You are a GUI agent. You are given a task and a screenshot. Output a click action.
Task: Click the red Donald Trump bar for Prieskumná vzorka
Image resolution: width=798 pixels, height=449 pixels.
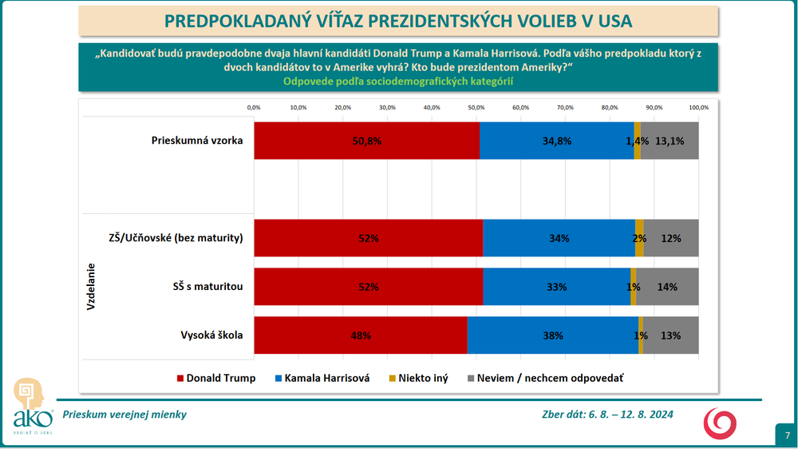point(367,141)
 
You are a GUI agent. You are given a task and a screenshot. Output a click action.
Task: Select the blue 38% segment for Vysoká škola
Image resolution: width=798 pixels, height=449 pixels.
point(552,336)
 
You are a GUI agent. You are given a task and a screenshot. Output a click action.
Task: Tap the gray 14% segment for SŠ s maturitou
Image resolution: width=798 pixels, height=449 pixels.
point(667,287)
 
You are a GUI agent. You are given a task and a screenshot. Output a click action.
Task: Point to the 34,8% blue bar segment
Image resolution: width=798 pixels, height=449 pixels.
point(557,141)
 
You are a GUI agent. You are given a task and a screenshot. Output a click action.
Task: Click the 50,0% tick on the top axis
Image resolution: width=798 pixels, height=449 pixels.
point(476,107)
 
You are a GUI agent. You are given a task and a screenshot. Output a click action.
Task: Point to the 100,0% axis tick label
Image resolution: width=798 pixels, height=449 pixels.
point(698,107)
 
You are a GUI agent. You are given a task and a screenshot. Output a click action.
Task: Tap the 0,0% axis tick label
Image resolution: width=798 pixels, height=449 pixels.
point(254,107)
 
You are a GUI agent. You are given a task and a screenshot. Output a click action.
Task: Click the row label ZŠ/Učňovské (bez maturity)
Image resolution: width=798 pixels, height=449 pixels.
point(176,238)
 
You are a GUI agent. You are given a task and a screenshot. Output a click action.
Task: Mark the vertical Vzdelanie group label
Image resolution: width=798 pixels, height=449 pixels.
point(91,287)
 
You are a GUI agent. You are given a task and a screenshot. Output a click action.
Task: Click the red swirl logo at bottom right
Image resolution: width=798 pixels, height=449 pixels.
point(720,422)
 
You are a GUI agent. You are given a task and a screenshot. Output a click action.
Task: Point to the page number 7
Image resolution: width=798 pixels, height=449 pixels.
point(785,435)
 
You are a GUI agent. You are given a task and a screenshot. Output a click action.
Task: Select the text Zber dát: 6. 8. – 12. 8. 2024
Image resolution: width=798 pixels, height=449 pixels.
point(607,414)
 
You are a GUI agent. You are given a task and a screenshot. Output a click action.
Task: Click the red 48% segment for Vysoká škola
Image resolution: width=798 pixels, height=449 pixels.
point(361,336)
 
